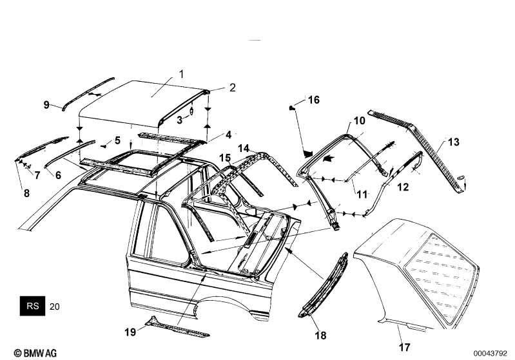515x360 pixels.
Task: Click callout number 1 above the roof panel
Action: click(181, 73)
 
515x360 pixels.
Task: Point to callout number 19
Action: click(131, 332)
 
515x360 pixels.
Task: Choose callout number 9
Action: click(46, 104)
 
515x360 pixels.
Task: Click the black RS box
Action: click(32, 306)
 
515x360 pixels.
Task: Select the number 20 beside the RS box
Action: click(54, 307)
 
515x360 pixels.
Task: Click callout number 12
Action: click(402, 187)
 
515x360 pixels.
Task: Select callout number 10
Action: click(359, 120)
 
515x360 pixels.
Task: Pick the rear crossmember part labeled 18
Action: click(326, 283)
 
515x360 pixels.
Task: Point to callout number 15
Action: click(224, 158)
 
